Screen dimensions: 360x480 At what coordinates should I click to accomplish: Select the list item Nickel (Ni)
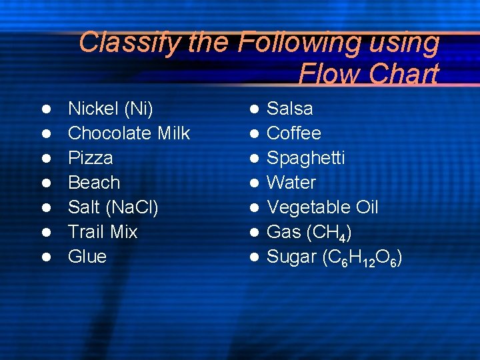(x=111, y=109)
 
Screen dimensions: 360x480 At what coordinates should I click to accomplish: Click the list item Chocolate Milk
(x=129, y=133)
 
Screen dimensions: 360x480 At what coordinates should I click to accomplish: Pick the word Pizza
(x=91, y=158)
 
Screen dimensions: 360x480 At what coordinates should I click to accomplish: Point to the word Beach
(x=94, y=182)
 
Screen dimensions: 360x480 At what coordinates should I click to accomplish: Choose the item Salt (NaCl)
(x=113, y=207)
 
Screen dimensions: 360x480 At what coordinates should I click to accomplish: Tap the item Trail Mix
(x=103, y=232)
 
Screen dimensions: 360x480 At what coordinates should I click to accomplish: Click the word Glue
(x=87, y=257)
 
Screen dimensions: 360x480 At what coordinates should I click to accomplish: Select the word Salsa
(x=290, y=109)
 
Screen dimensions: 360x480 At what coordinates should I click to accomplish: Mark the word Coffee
(x=294, y=133)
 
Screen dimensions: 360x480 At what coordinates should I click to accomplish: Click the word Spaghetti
(x=306, y=158)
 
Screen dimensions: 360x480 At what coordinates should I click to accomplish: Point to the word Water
(x=291, y=182)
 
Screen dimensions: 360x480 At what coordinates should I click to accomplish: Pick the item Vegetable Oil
(x=323, y=207)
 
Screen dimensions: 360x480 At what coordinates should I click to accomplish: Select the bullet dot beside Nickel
(x=47, y=109)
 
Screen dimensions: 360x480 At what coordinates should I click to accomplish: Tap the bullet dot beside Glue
(x=47, y=257)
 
